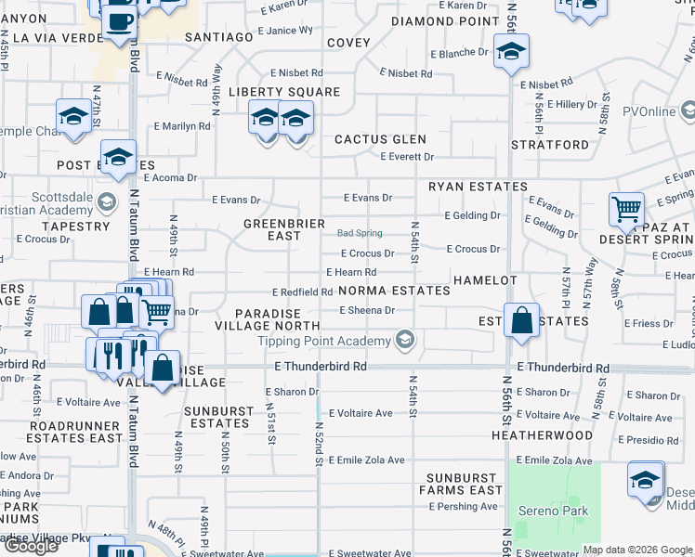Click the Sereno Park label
554,511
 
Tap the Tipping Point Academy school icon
403,341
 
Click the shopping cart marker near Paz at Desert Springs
627,210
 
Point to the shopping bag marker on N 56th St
523,320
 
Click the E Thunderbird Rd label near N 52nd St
321,367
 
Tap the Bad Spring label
360,234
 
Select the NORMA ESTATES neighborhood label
394,291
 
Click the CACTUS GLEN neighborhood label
380,139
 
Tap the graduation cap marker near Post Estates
119,158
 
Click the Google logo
31,546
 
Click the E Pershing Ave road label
464,507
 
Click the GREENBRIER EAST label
284,229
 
